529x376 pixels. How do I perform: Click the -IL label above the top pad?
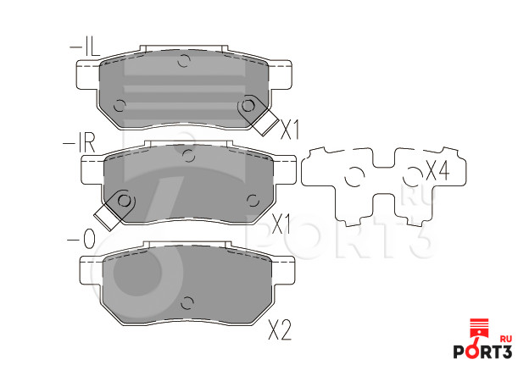tap(84, 47)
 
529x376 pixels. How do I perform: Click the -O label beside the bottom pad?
tap(81, 239)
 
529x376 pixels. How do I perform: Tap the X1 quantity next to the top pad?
tap(290, 130)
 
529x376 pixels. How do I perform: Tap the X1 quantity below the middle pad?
tap(281, 224)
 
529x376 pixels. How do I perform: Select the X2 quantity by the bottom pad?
tap(280, 329)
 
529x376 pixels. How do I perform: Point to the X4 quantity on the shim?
tap(437, 170)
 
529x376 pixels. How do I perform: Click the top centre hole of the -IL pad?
tap(184, 60)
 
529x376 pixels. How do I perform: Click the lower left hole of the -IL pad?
tap(120, 106)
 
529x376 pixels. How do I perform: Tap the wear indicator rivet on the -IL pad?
tap(248, 106)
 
